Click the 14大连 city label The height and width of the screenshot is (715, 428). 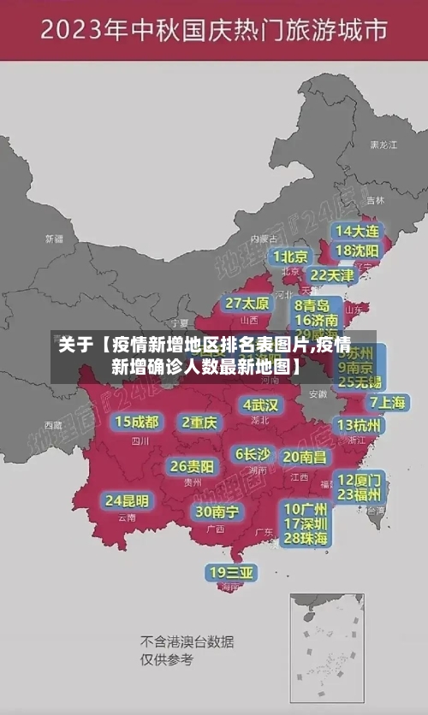coord(358,231)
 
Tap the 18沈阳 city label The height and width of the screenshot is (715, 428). coord(358,251)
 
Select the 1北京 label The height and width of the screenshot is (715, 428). coord(291,257)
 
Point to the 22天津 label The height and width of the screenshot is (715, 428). coord(332,275)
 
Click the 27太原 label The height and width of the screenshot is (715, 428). coord(247,303)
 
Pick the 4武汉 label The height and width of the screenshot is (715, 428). coord(260,404)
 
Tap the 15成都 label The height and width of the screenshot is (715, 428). coord(137,422)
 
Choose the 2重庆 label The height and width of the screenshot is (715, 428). coord(200,422)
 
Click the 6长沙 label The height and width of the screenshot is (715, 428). coord(253,454)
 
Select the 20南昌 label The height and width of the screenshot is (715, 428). coord(304,457)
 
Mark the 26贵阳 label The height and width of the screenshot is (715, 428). coord(192,466)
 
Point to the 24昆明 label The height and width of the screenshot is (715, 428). coord(127,500)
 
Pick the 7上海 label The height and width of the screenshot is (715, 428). coord(387,402)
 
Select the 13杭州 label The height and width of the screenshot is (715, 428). coord(360,425)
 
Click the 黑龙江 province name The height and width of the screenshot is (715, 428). coord(383,145)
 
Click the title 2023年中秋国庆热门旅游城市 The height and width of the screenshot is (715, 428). coord(214,32)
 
